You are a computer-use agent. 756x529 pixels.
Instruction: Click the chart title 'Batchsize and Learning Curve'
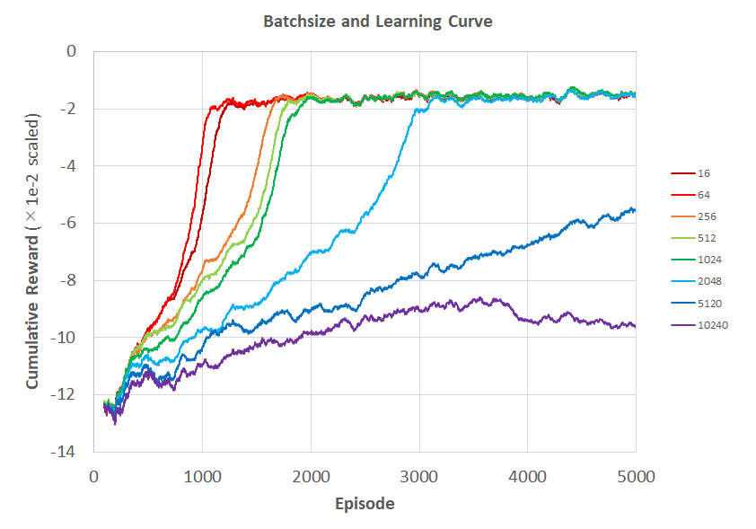pyautogui.click(x=377, y=22)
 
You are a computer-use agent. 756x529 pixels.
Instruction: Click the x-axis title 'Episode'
pyautogui.click(x=365, y=504)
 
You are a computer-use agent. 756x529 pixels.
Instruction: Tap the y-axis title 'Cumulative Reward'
pyautogui.click(x=33, y=251)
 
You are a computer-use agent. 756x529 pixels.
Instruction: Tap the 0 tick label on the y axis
pyautogui.click(x=73, y=51)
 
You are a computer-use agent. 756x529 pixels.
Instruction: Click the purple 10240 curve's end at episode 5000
pyautogui.click(x=635, y=325)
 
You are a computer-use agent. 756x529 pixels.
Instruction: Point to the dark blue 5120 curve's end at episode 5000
pyautogui.click(x=635, y=210)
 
